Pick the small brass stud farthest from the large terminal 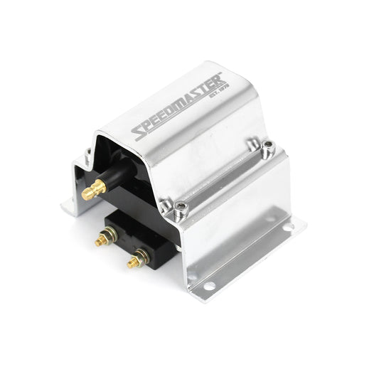134,261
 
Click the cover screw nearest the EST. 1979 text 267,148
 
